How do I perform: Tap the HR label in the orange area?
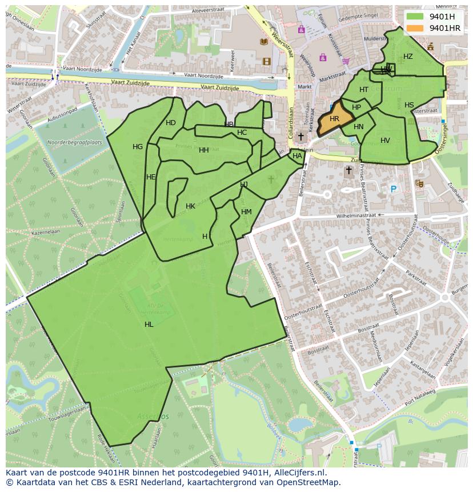coord(335,119)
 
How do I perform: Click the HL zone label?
coord(149,325)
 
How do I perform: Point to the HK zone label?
coord(190,206)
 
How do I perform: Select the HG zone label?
coord(138,147)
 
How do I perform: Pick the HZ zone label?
coord(408,57)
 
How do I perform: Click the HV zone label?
coord(385,141)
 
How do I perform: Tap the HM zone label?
coord(246,212)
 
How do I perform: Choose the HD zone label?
coord(171,123)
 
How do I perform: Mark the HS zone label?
coord(409,105)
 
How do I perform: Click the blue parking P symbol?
coord(393,189)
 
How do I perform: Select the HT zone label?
coord(364,90)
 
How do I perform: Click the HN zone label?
coord(358,127)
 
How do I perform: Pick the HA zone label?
coord(297,156)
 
